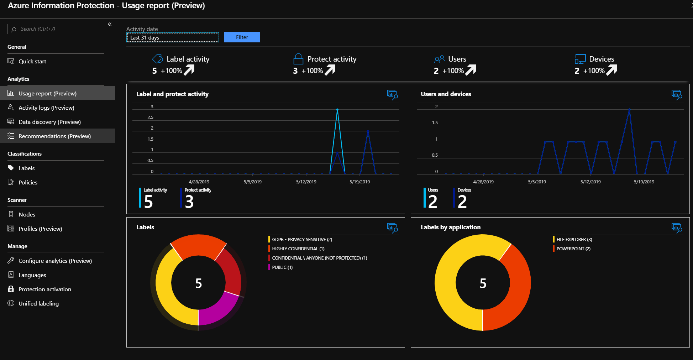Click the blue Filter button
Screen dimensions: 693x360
tap(242, 37)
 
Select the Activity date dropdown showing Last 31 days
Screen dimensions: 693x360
tap(173, 37)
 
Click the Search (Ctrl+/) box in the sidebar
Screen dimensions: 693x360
tap(56, 29)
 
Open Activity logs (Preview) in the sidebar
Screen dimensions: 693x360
tap(46, 108)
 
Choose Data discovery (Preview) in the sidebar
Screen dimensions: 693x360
tap(49, 122)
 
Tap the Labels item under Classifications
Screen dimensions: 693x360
tap(26, 168)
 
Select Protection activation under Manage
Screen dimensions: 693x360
tap(45, 289)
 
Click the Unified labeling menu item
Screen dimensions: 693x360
tap(38, 303)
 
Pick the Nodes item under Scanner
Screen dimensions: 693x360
tap(27, 214)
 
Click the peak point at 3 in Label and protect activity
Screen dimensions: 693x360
tap(337, 110)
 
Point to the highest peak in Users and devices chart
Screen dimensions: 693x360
tap(629, 110)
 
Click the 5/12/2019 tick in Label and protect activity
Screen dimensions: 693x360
tap(306, 182)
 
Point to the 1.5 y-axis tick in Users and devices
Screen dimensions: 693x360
tap(435, 122)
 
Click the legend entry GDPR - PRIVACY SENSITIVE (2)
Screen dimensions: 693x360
tap(302, 239)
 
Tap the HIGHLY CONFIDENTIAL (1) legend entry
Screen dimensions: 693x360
tap(298, 249)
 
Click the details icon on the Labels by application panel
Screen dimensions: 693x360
tap(677, 227)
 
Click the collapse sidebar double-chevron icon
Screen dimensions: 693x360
tap(110, 24)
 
